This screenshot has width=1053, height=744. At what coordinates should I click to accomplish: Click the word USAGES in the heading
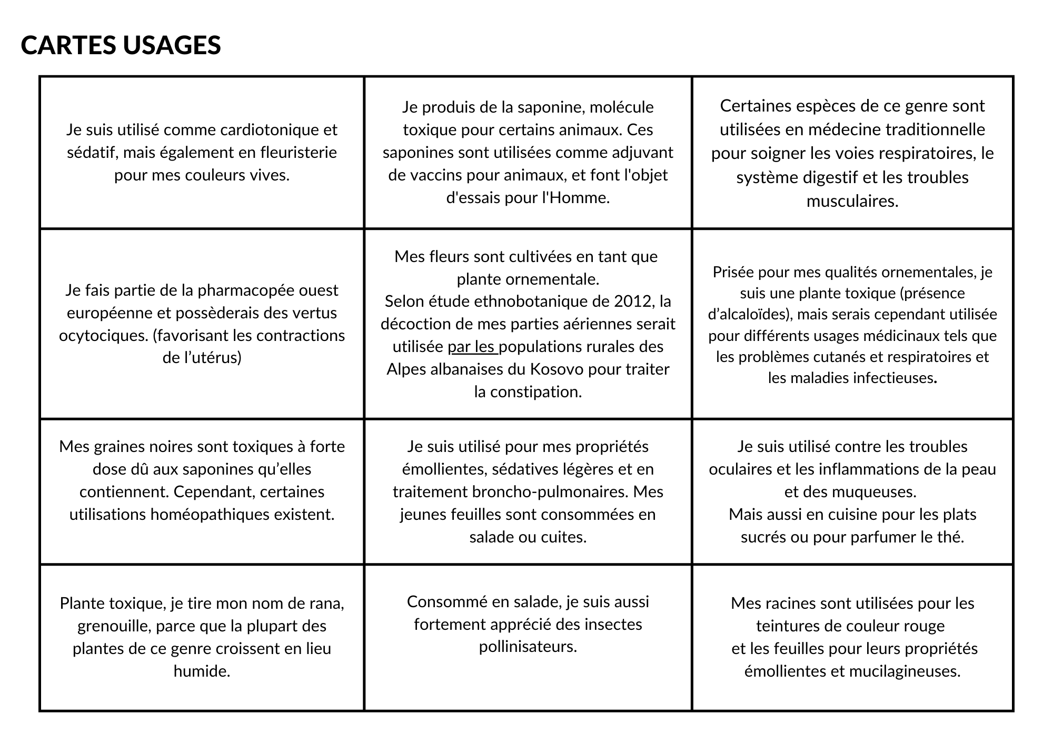172,45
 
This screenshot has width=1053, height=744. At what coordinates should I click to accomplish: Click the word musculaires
852,201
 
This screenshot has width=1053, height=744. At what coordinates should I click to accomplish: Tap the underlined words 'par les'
471,347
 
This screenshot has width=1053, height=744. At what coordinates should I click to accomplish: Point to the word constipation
536,392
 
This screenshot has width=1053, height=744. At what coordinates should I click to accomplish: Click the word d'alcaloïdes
749,315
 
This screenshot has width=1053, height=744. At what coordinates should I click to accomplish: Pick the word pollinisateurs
528,647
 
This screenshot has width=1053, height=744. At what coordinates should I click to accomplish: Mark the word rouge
923,626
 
